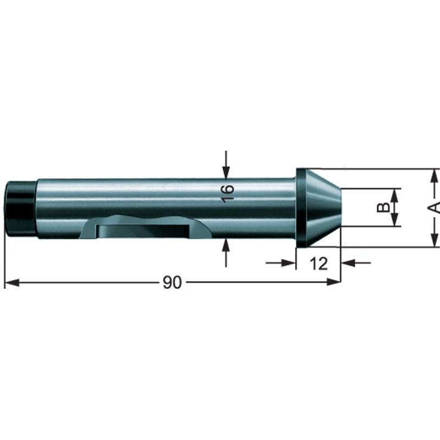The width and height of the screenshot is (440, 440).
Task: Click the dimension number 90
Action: click(172, 283)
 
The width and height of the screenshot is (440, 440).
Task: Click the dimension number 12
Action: click(318, 263)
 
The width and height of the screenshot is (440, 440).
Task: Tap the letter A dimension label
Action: click(435, 207)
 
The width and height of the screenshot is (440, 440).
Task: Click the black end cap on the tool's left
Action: click(20, 208)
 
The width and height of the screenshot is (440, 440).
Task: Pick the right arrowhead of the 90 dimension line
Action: click(333, 283)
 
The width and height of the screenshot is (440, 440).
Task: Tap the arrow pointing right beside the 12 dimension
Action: click(289, 263)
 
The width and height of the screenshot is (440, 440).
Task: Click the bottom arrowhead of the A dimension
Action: click(435, 240)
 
